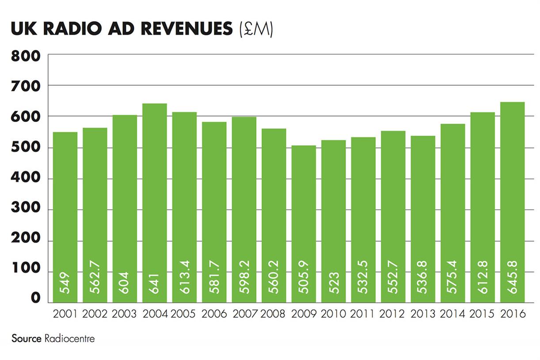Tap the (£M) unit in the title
point(255,30)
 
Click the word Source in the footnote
point(27,339)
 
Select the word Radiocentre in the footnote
point(69,339)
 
